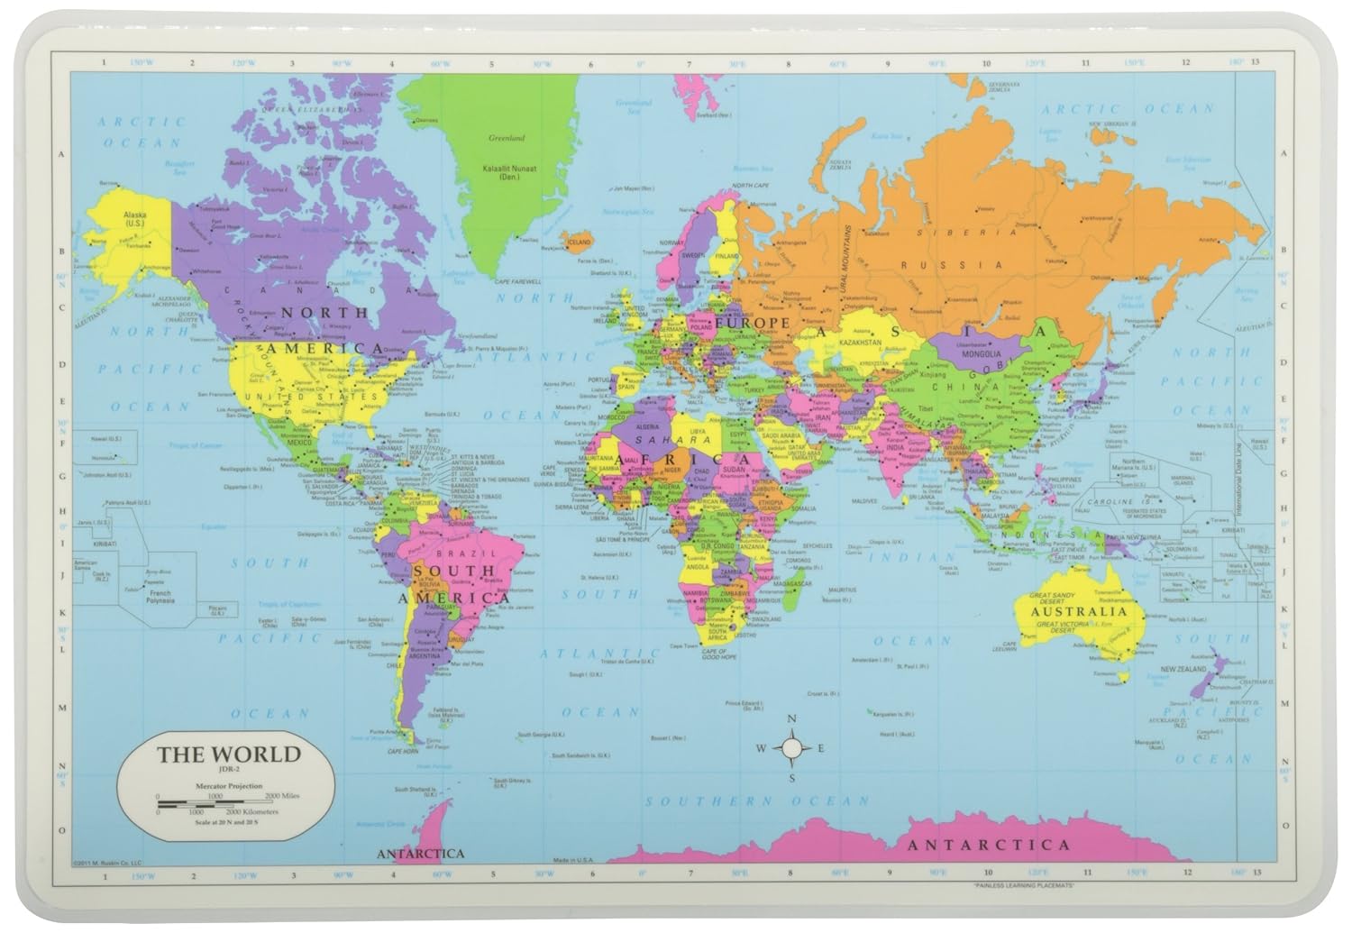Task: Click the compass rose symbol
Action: pyautogui.click(x=791, y=747)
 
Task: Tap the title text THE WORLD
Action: pyautogui.click(x=228, y=754)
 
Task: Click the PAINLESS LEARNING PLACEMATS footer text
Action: pyautogui.click(x=1026, y=888)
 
